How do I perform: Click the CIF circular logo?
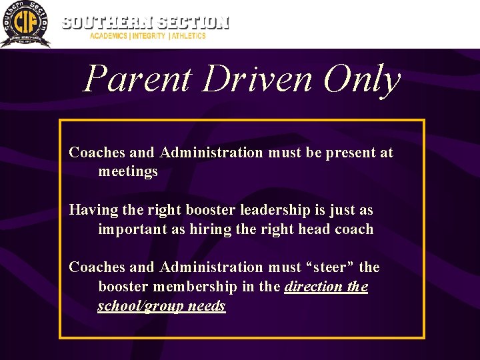click(x=25, y=24)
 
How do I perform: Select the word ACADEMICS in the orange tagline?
click(x=109, y=36)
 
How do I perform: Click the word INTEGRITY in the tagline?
click(x=149, y=36)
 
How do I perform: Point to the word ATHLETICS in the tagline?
click(x=189, y=36)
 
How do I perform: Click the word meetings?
click(x=128, y=171)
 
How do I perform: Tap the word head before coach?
click(x=313, y=229)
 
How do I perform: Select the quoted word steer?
click(x=329, y=267)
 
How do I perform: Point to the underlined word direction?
click(x=312, y=287)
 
